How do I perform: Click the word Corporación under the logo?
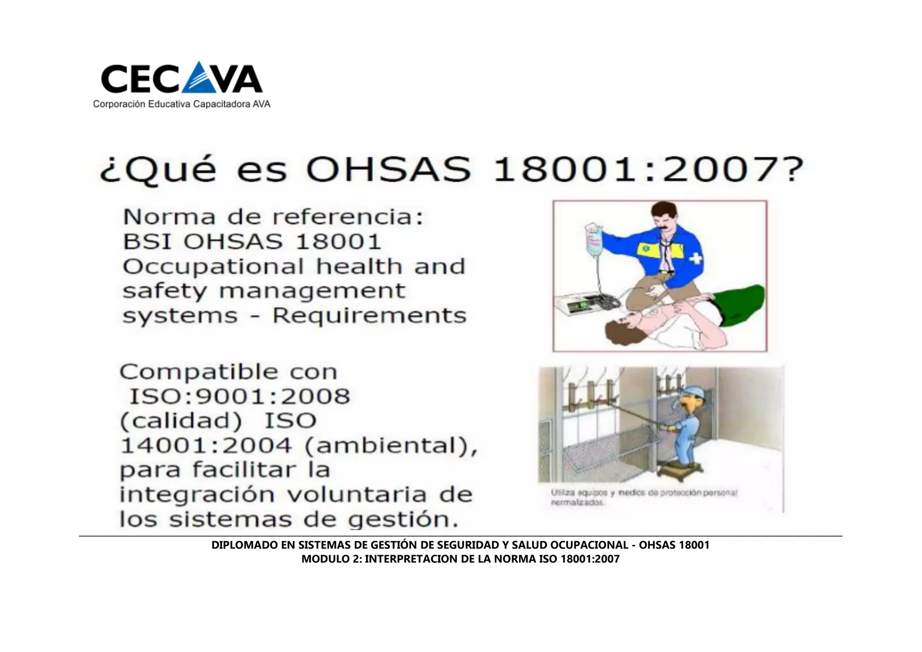click(119, 104)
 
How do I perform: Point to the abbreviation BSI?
click(147, 242)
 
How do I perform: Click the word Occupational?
click(213, 267)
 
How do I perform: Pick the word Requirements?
click(369, 316)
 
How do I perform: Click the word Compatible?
click(199, 372)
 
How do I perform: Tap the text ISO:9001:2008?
click(240, 397)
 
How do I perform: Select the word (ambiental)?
click(391, 446)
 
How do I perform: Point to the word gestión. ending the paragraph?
click(403, 520)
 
